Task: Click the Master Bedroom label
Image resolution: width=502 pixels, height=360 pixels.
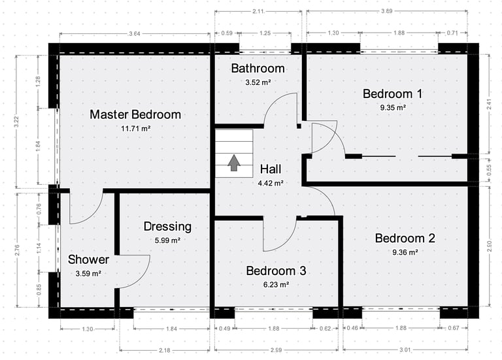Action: point(135,114)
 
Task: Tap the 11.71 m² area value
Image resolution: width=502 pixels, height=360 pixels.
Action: point(136,129)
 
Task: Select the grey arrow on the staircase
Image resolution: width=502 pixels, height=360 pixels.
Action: point(234,163)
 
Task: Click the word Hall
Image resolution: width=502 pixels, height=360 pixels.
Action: point(271,169)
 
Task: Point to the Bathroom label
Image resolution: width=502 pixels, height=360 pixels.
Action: point(258,68)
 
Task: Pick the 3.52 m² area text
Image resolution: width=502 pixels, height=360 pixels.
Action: point(258,82)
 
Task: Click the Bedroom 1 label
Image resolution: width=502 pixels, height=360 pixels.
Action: point(392,94)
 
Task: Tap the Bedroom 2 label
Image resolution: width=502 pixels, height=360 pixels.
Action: point(405,238)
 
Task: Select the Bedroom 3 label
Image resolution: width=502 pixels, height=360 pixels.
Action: point(276,270)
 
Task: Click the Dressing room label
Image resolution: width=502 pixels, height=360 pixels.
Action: point(167,227)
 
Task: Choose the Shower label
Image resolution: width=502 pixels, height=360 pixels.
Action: point(88,259)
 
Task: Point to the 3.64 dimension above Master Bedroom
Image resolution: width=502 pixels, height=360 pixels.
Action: point(135,33)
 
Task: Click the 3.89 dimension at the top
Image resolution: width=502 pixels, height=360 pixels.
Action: point(387,11)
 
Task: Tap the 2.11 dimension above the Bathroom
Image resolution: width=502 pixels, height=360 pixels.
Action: point(258,11)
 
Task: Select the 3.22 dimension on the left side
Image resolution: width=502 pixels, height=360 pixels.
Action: point(16,122)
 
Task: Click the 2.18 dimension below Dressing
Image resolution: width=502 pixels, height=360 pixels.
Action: point(165,350)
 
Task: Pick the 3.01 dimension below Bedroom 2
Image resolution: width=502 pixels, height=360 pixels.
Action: point(405,350)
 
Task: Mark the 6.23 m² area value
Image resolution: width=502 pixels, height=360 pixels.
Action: point(276,284)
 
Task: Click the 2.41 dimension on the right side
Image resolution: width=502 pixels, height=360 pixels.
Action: point(489,104)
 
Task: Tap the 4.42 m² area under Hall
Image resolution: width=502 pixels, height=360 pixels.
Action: point(271,184)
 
